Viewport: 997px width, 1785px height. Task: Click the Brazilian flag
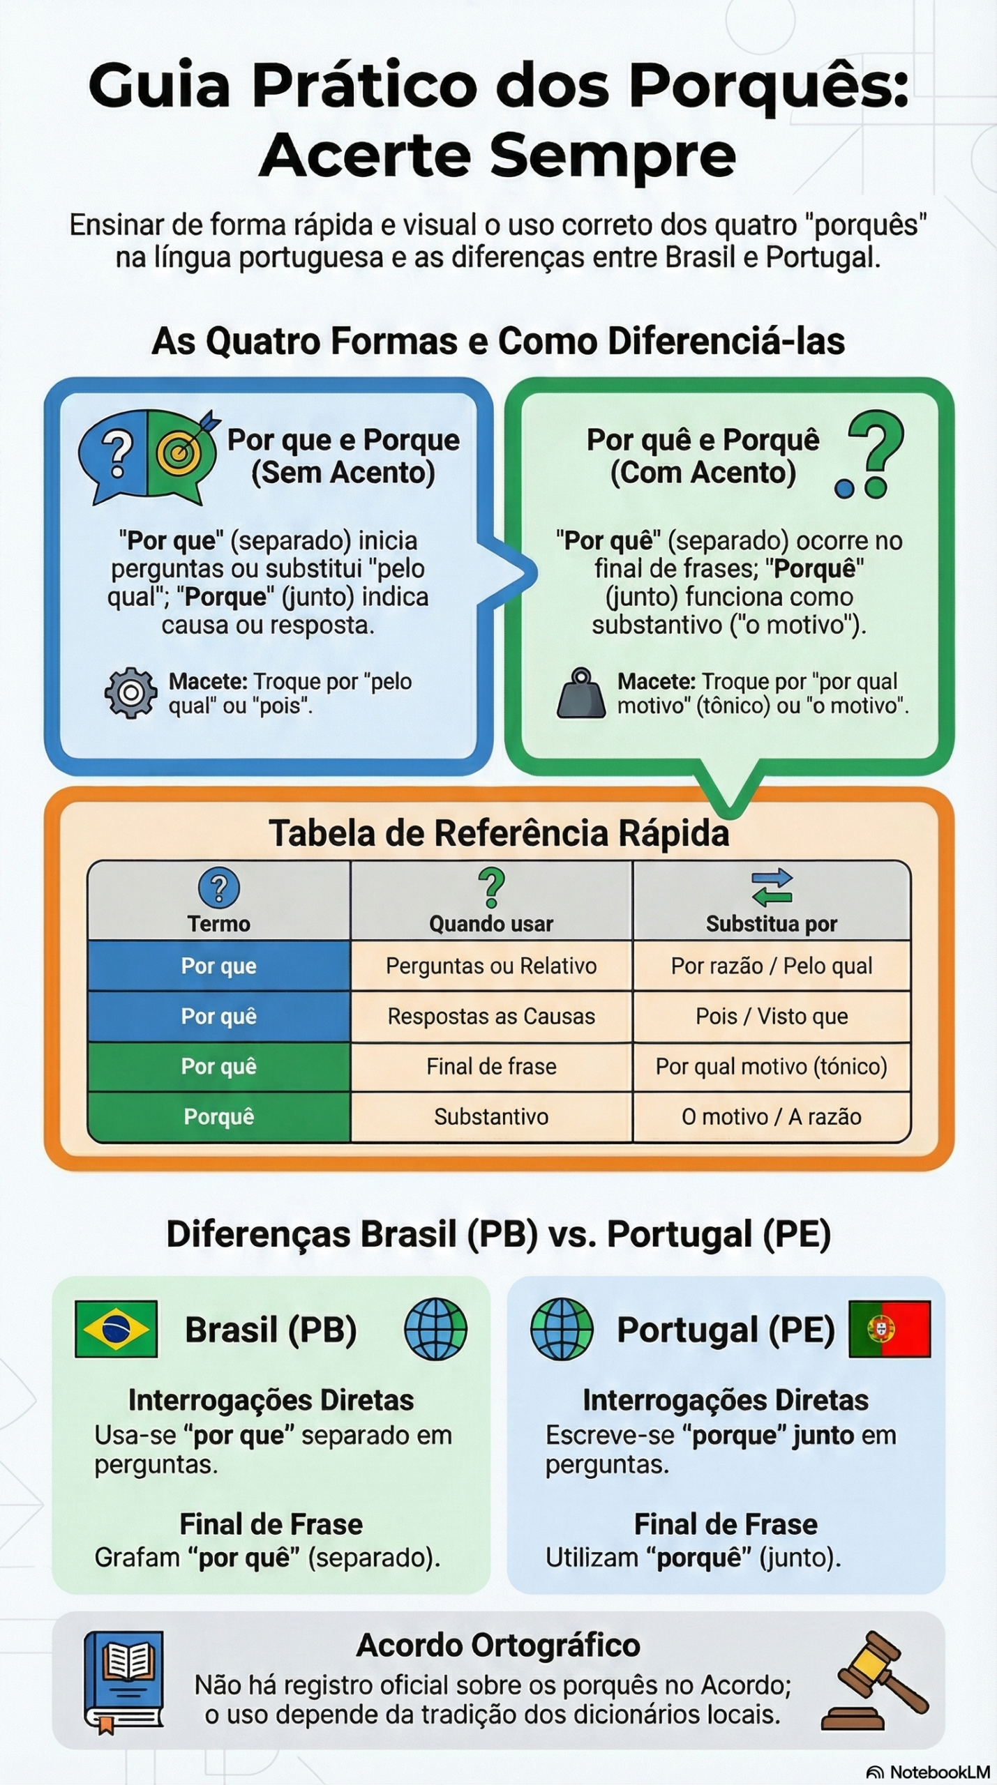tap(116, 1328)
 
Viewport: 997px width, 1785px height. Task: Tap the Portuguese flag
tap(890, 1328)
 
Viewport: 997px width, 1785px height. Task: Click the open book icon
tap(124, 1681)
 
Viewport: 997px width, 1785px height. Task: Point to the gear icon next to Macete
tap(130, 693)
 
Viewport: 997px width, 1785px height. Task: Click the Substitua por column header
tap(772, 924)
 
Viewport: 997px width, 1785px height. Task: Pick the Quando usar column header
tap(491, 924)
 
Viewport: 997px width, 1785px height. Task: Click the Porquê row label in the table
tap(219, 1116)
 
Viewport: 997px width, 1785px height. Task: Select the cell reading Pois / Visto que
tap(772, 1017)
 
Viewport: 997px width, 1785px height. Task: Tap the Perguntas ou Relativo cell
tap(491, 966)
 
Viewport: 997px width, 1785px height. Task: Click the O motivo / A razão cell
tap(772, 1116)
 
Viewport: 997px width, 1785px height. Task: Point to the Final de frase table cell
tap(491, 1066)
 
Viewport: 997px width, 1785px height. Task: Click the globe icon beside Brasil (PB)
tap(436, 1329)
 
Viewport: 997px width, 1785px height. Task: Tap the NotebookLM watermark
tap(928, 1772)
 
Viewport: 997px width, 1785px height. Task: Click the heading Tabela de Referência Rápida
tap(499, 833)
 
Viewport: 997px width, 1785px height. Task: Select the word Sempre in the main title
tap(613, 155)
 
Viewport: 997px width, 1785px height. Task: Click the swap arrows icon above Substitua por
tap(772, 887)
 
